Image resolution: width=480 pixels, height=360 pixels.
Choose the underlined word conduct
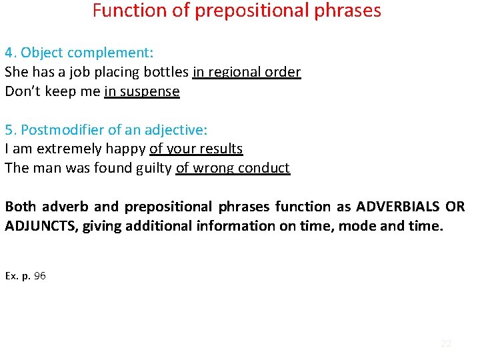(x=265, y=168)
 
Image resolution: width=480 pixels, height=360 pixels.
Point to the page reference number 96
(x=39, y=275)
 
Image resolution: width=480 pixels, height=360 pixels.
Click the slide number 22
(x=446, y=343)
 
